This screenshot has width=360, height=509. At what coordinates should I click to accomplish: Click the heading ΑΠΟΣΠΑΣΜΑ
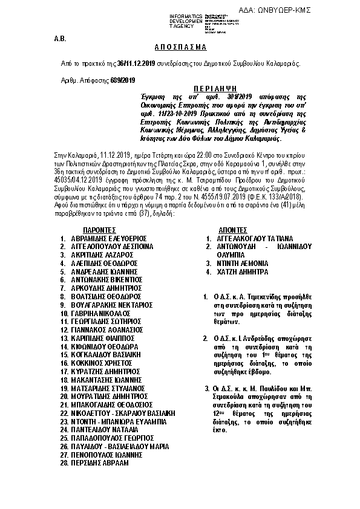(x=180, y=47)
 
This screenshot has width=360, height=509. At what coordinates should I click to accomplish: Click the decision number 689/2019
(x=123, y=80)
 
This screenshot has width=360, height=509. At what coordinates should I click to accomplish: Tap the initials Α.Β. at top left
(x=59, y=37)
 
